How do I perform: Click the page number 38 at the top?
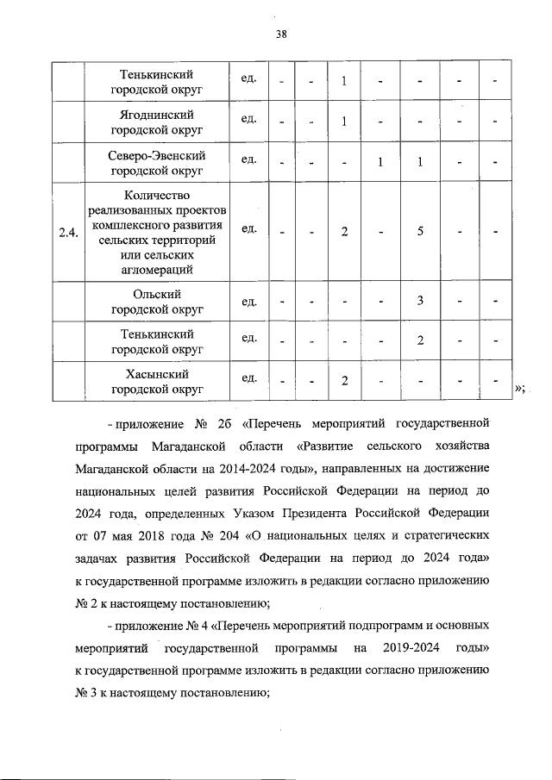281,35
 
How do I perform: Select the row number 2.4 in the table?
67,231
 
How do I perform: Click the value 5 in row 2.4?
419,231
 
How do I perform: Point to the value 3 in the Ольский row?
419,301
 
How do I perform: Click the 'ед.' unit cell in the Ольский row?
250,299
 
